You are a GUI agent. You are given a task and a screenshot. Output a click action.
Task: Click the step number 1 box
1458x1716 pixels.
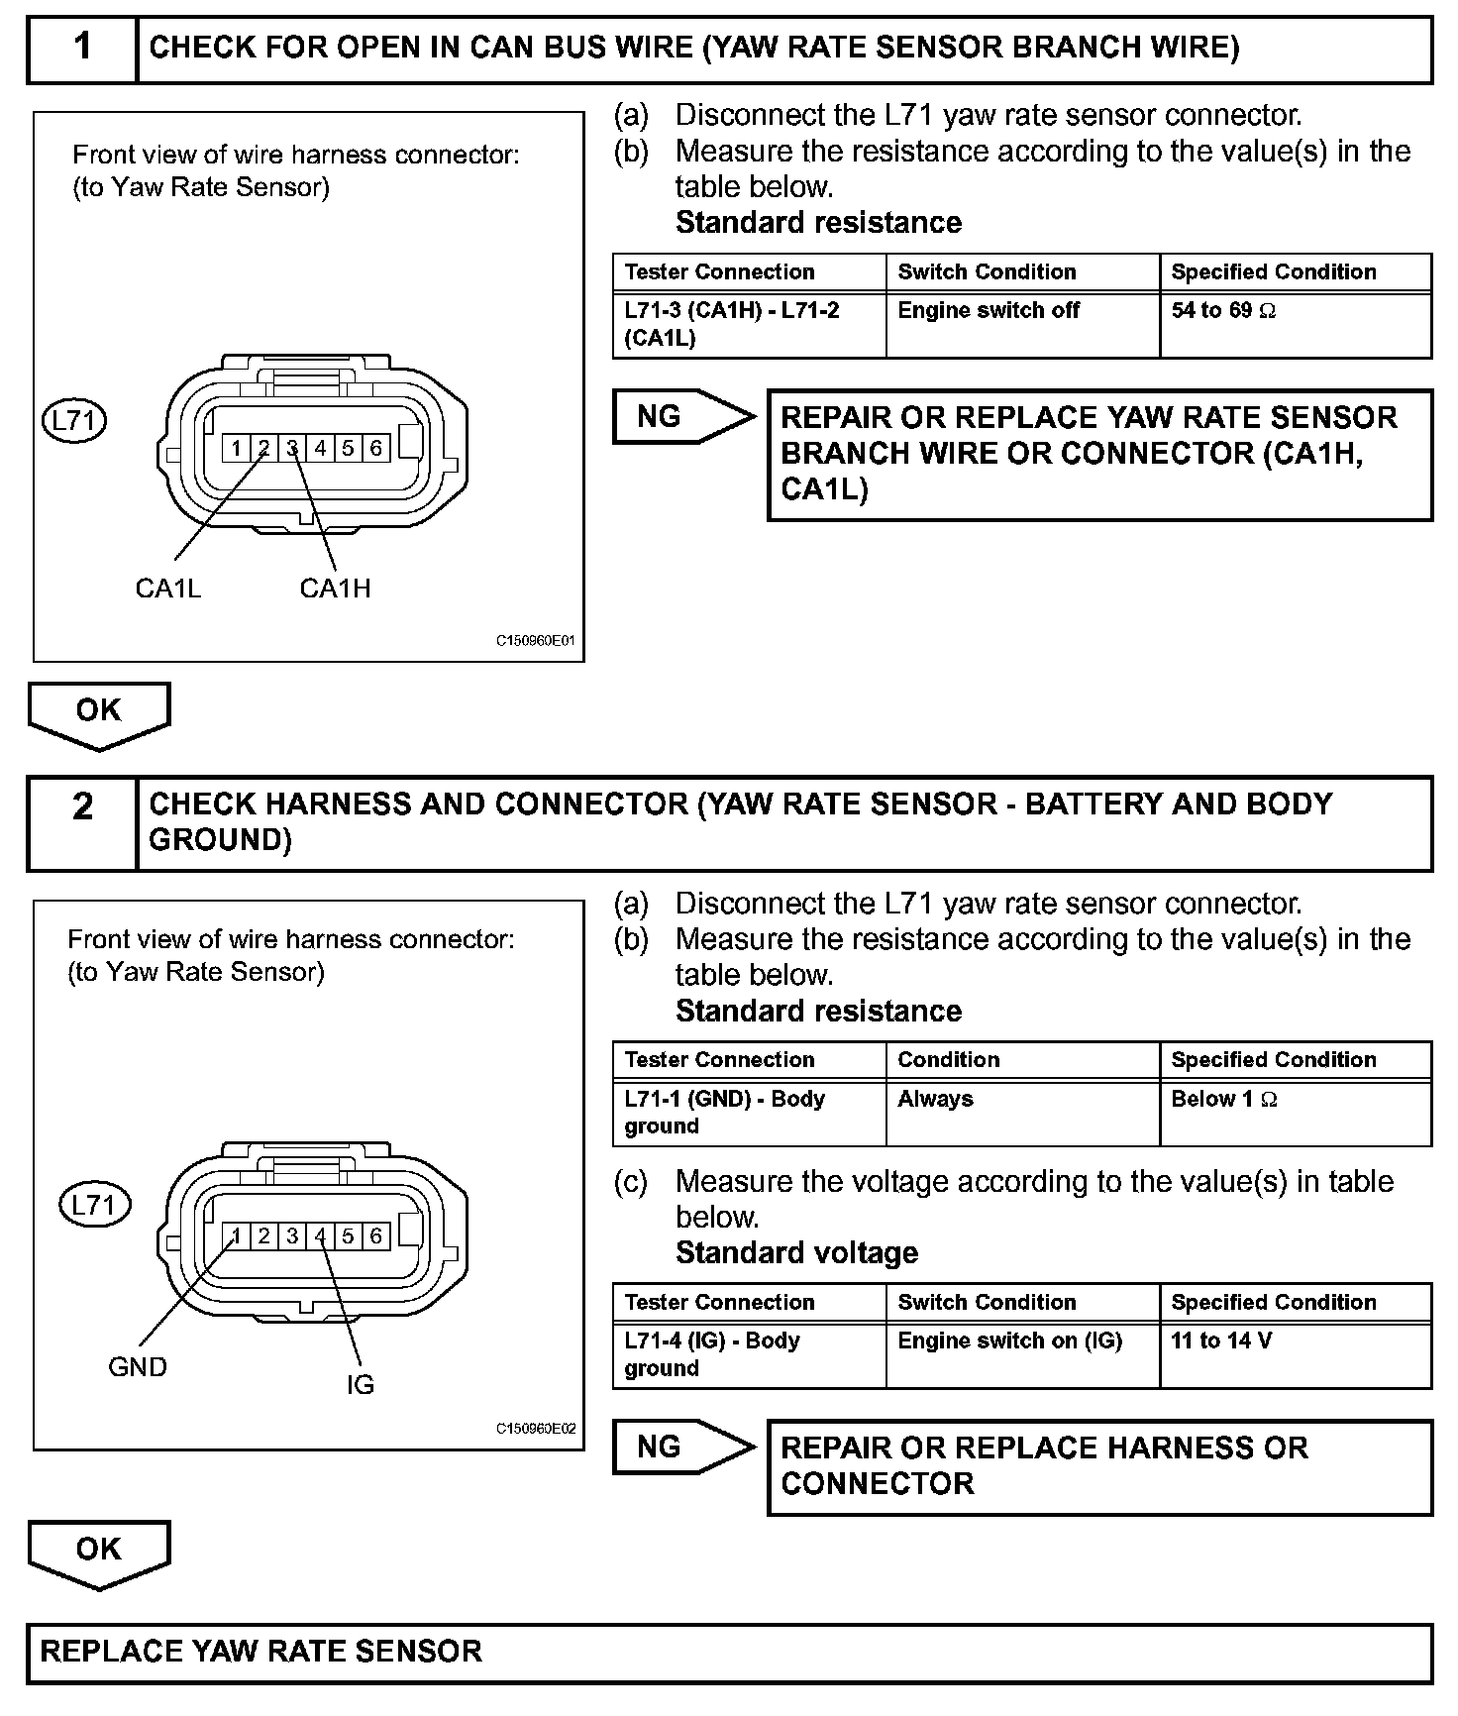(x=82, y=48)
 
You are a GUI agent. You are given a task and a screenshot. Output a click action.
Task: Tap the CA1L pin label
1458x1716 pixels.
(x=168, y=589)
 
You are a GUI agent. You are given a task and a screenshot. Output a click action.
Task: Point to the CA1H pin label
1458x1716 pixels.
(x=335, y=589)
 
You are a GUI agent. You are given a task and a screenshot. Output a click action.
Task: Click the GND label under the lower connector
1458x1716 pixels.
(x=138, y=1367)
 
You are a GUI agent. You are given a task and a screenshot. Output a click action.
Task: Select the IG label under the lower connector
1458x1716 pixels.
(x=361, y=1385)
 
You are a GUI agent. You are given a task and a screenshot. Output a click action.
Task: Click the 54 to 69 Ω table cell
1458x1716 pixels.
(x=1223, y=311)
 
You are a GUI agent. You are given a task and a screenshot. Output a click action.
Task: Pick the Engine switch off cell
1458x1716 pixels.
(x=989, y=311)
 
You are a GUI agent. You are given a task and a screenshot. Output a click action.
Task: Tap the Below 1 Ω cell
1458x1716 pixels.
(x=1223, y=1099)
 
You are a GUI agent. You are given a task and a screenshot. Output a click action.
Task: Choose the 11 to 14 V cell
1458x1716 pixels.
(x=1221, y=1341)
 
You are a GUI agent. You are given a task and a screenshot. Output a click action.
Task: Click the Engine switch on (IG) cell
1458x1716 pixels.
(x=1009, y=1341)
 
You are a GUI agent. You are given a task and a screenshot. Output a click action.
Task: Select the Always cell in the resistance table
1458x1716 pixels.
(x=935, y=1099)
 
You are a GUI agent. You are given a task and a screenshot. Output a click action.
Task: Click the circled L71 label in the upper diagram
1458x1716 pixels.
(x=74, y=421)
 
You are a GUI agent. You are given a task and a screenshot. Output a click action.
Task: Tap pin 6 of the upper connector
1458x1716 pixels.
(x=375, y=448)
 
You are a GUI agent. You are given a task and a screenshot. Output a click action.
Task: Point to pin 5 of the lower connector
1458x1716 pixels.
(x=348, y=1236)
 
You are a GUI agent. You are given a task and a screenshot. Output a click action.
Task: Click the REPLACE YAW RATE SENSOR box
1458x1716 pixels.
(x=729, y=1652)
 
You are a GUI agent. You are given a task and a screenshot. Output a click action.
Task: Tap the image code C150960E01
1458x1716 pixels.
(x=535, y=641)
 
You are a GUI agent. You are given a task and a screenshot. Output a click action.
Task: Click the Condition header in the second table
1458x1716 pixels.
(x=948, y=1060)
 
